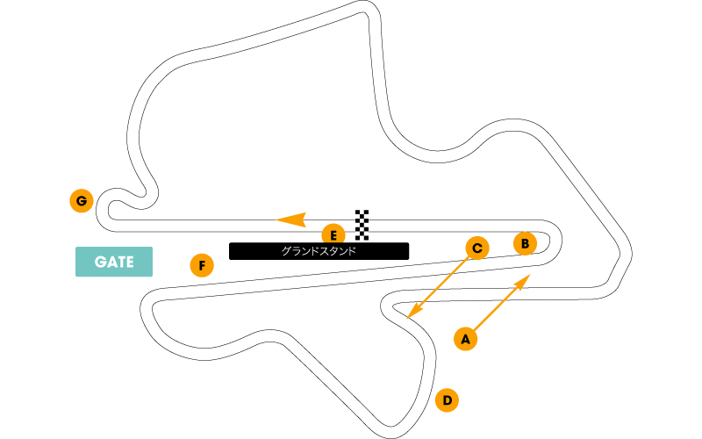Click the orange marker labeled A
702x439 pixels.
tap(466, 339)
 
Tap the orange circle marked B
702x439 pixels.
tap(525, 244)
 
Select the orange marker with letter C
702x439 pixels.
tap(477, 248)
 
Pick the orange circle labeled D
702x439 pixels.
tap(447, 400)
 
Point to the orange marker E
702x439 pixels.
tap(333, 235)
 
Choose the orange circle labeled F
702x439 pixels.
tap(202, 265)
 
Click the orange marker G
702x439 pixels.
tap(82, 201)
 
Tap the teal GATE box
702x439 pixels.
tap(114, 262)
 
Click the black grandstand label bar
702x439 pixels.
tap(319, 251)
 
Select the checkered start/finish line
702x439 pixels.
tap(362, 225)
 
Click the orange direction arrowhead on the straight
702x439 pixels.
tap(291, 219)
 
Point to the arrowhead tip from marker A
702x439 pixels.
tap(531, 275)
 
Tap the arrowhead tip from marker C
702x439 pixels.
tap(407, 319)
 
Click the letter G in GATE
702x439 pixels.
tap(101, 262)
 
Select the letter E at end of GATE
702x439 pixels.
tap(129, 262)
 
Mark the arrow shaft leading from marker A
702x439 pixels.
tap(499, 306)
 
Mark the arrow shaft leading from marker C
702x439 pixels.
tap(439, 287)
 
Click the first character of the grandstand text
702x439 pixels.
tap(286, 251)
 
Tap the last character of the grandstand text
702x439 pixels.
tap(352, 251)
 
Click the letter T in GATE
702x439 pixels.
tap(120, 262)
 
